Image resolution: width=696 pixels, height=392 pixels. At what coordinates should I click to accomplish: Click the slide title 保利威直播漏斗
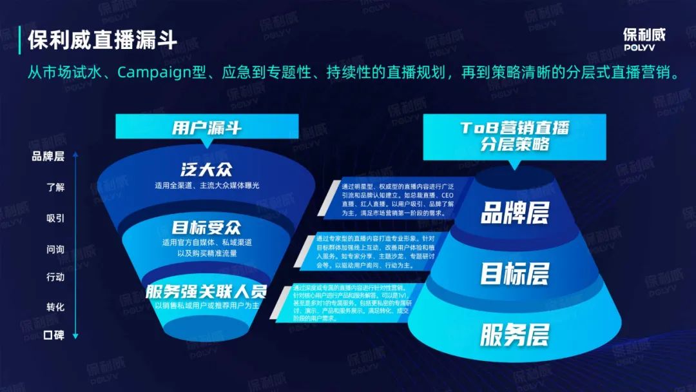(102, 40)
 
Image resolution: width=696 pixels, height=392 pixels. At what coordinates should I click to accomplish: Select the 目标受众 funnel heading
(206, 228)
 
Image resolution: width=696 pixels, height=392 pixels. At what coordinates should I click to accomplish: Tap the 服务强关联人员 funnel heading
(206, 290)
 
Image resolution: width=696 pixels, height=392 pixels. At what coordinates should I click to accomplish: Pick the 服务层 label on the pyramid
(514, 335)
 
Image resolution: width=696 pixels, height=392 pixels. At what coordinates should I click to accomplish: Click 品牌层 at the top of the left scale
(49, 156)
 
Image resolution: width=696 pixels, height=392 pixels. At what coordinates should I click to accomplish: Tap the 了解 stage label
(55, 188)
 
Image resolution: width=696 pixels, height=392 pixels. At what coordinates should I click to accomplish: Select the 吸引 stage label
(55, 218)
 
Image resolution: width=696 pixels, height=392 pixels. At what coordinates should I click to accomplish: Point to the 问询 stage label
(55, 248)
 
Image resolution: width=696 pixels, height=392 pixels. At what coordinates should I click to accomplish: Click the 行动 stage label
(55, 277)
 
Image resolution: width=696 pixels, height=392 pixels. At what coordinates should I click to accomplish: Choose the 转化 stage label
(55, 307)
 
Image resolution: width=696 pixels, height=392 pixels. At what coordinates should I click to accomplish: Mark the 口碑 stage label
(54, 335)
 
